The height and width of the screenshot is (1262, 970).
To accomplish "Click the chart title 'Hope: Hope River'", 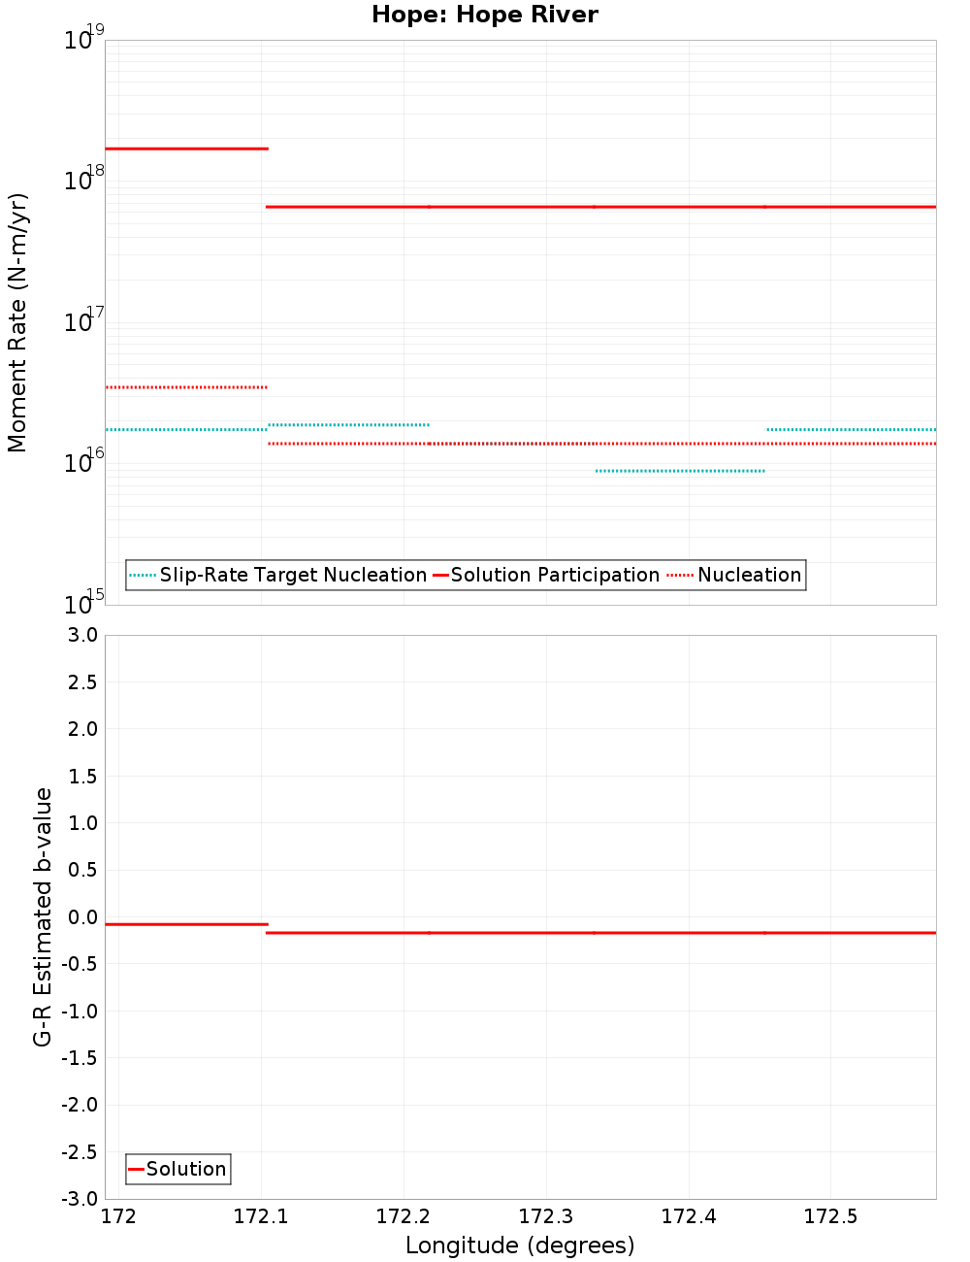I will tap(485, 15).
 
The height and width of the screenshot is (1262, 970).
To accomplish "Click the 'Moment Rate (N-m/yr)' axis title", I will tap(17, 322).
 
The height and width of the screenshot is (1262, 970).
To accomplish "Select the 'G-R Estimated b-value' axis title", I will tap(42, 916).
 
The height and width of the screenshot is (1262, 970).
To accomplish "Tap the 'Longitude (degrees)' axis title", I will tap(520, 1245).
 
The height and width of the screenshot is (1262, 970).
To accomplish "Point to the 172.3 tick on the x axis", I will tap(546, 1216).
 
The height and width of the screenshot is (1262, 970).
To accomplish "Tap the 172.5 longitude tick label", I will tap(831, 1216).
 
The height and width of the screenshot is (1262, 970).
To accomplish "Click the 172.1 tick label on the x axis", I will tap(261, 1216).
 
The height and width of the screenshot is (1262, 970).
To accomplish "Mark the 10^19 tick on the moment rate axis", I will tap(83, 41).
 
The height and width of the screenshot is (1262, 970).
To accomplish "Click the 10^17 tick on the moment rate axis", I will tap(83, 322).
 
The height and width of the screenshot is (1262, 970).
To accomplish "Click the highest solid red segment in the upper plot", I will tap(186, 149).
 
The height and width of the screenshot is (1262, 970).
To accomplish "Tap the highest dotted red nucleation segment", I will tap(186, 387).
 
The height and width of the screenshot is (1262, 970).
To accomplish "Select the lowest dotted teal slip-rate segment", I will tap(680, 471).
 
